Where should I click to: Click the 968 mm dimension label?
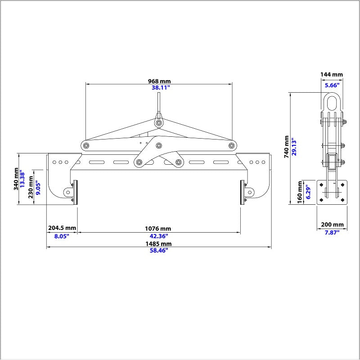click(x=159, y=81)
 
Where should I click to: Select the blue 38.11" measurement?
click(x=161, y=87)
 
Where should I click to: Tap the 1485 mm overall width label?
click(x=159, y=243)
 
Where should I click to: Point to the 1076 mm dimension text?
click(x=158, y=229)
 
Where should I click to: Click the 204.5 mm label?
click(x=62, y=228)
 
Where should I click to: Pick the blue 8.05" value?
click(x=62, y=236)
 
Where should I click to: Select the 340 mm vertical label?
click(x=16, y=179)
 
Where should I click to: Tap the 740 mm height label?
click(x=287, y=147)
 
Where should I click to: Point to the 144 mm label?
click(x=332, y=74)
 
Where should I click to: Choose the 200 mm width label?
click(x=332, y=224)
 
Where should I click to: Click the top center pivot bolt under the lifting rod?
click(x=159, y=123)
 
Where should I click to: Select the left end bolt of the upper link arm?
click(x=86, y=145)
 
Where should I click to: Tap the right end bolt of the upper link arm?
click(x=232, y=145)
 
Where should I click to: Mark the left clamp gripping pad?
click(x=75, y=193)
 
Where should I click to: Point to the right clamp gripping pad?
click(x=242, y=193)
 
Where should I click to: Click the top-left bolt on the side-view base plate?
click(x=321, y=184)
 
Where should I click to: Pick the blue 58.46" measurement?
click(x=159, y=250)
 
